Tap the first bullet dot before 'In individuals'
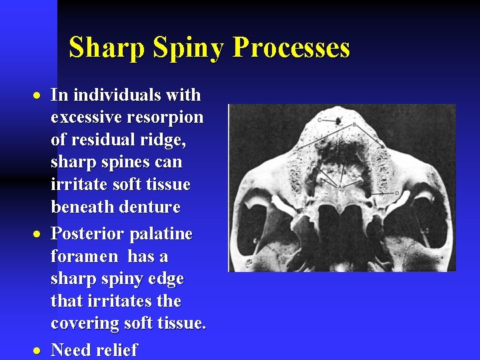(x=41, y=95)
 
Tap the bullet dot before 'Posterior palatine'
(x=41, y=235)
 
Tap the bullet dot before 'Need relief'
(x=41, y=350)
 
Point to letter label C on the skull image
(x=319, y=121)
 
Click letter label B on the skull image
(x=353, y=125)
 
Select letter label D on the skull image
(x=397, y=193)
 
